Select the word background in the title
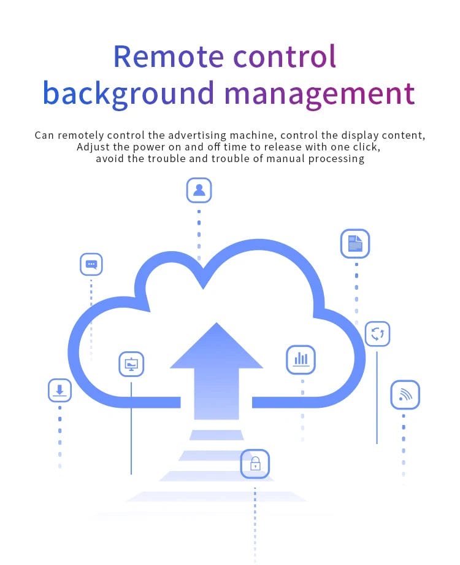tap(128, 93)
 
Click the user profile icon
tap(199, 190)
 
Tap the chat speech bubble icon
tap(91, 265)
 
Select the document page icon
tap(355, 244)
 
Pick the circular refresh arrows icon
tap(377, 334)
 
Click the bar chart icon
tap(301, 359)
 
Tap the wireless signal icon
tap(405, 395)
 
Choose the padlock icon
tap(255, 464)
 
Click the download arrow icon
tap(59, 390)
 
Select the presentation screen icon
tap(131, 364)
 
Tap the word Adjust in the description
tap(91, 147)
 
